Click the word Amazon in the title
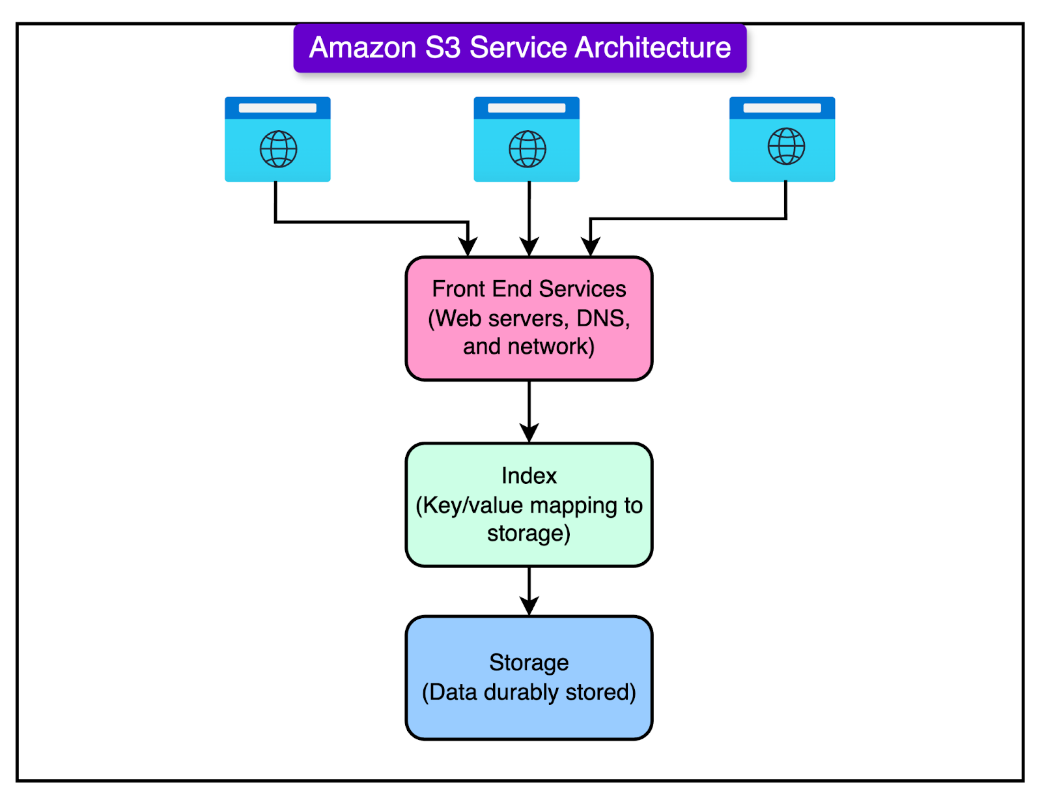[362, 48]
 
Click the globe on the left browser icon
[278, 149]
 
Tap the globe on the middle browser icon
[527, 149]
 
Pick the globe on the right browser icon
[786, 146]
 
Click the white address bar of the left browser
[277, 108]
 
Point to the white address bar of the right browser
[782, 108]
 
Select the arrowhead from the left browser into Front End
[468, 247]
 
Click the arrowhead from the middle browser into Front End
[529, 247]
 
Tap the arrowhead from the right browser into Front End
[590, 247]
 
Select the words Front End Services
[529, 289]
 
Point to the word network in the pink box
[547, 347]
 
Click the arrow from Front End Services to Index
[529, 410]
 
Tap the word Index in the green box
[529, 476]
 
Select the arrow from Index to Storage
[529, 590]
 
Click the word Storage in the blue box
[529, 663]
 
